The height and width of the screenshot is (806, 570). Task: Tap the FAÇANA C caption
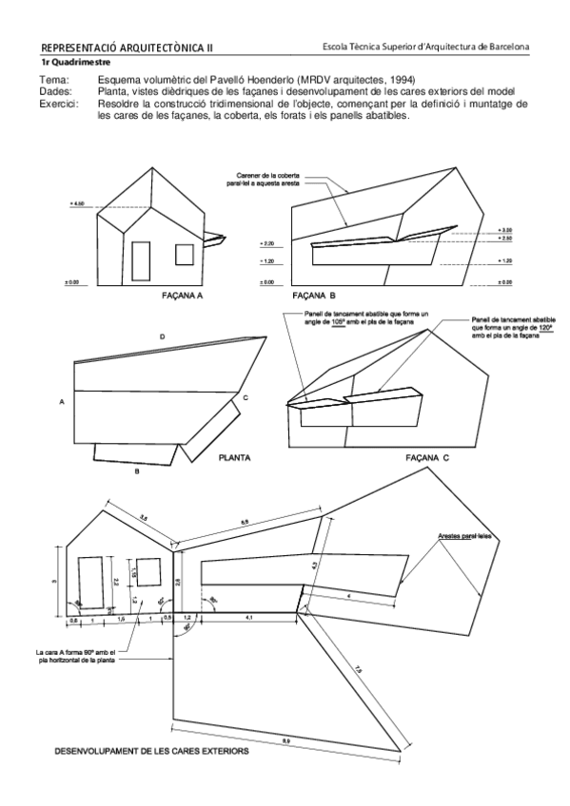(428, 457)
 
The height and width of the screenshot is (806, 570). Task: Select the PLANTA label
(234, 457)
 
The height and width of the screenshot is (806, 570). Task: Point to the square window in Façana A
(183, 254)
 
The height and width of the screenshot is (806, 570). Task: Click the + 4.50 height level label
(78, 204)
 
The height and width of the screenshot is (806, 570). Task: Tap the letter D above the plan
(163, 338)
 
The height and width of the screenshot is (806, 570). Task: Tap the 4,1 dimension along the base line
(248, 619)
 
